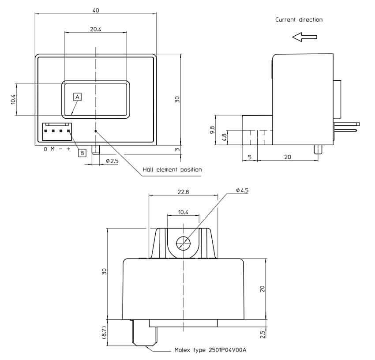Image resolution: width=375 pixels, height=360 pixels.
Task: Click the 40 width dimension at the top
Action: [96, 10]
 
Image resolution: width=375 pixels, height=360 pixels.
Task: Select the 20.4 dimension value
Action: [96, 29]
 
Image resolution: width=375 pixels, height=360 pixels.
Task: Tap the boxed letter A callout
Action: [77, 96]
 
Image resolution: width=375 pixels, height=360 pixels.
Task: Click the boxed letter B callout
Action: [82, 153]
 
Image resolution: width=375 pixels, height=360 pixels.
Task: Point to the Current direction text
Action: [299, 20]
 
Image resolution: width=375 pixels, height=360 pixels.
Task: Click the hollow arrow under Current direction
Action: [304, 37]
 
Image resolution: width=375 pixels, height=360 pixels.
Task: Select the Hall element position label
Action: [172, 169]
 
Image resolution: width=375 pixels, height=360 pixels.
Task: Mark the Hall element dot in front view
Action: [95, 131]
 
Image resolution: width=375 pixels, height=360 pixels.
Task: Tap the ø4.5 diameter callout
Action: [242, 190]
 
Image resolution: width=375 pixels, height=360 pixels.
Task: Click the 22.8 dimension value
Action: [184, 192]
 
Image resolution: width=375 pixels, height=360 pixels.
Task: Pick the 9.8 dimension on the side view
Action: [212, 130]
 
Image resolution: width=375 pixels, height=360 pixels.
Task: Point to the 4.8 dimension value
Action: [224, 138]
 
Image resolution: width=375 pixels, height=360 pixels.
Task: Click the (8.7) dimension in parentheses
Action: [104, 332]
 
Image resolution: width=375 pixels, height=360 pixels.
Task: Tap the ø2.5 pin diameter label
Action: [112, 161]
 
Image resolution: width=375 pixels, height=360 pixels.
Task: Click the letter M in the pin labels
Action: [52, 149]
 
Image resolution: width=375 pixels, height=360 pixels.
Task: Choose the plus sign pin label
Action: [68, 149]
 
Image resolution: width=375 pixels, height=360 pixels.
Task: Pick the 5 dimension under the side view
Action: [250, 157]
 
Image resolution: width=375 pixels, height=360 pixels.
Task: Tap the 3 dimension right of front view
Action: [177, 150]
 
